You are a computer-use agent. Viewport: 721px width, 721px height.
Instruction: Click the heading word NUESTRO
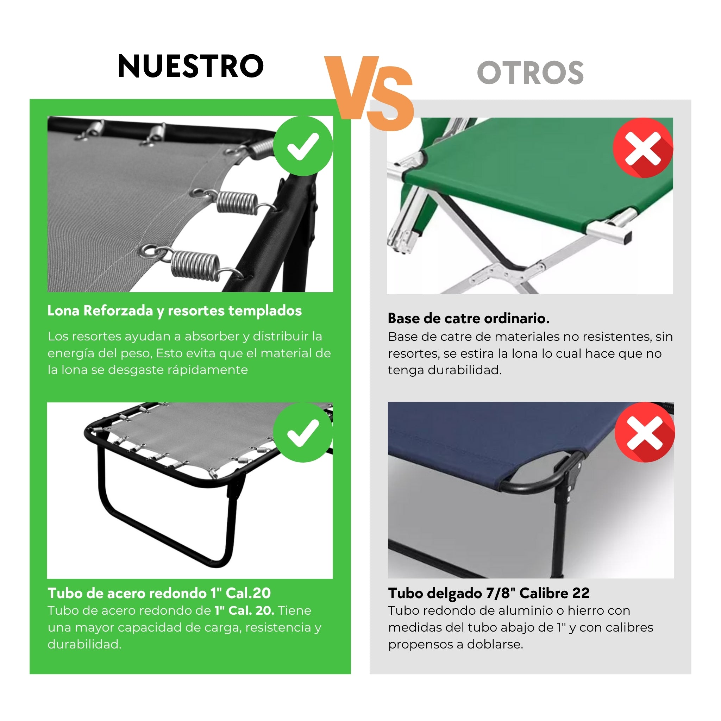pos(191,67)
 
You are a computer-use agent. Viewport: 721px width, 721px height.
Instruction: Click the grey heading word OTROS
pos(530,73)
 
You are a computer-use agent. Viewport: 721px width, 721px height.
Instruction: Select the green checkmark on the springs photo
pos(303,146)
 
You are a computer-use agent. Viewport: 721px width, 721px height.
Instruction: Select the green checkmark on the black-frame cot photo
pos(303,433)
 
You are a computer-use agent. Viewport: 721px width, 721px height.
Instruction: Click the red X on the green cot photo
pos(642,148)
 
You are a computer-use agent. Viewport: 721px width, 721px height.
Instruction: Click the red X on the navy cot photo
pos(645,433)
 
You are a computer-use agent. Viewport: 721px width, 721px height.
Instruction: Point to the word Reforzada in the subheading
pos(118,311)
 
